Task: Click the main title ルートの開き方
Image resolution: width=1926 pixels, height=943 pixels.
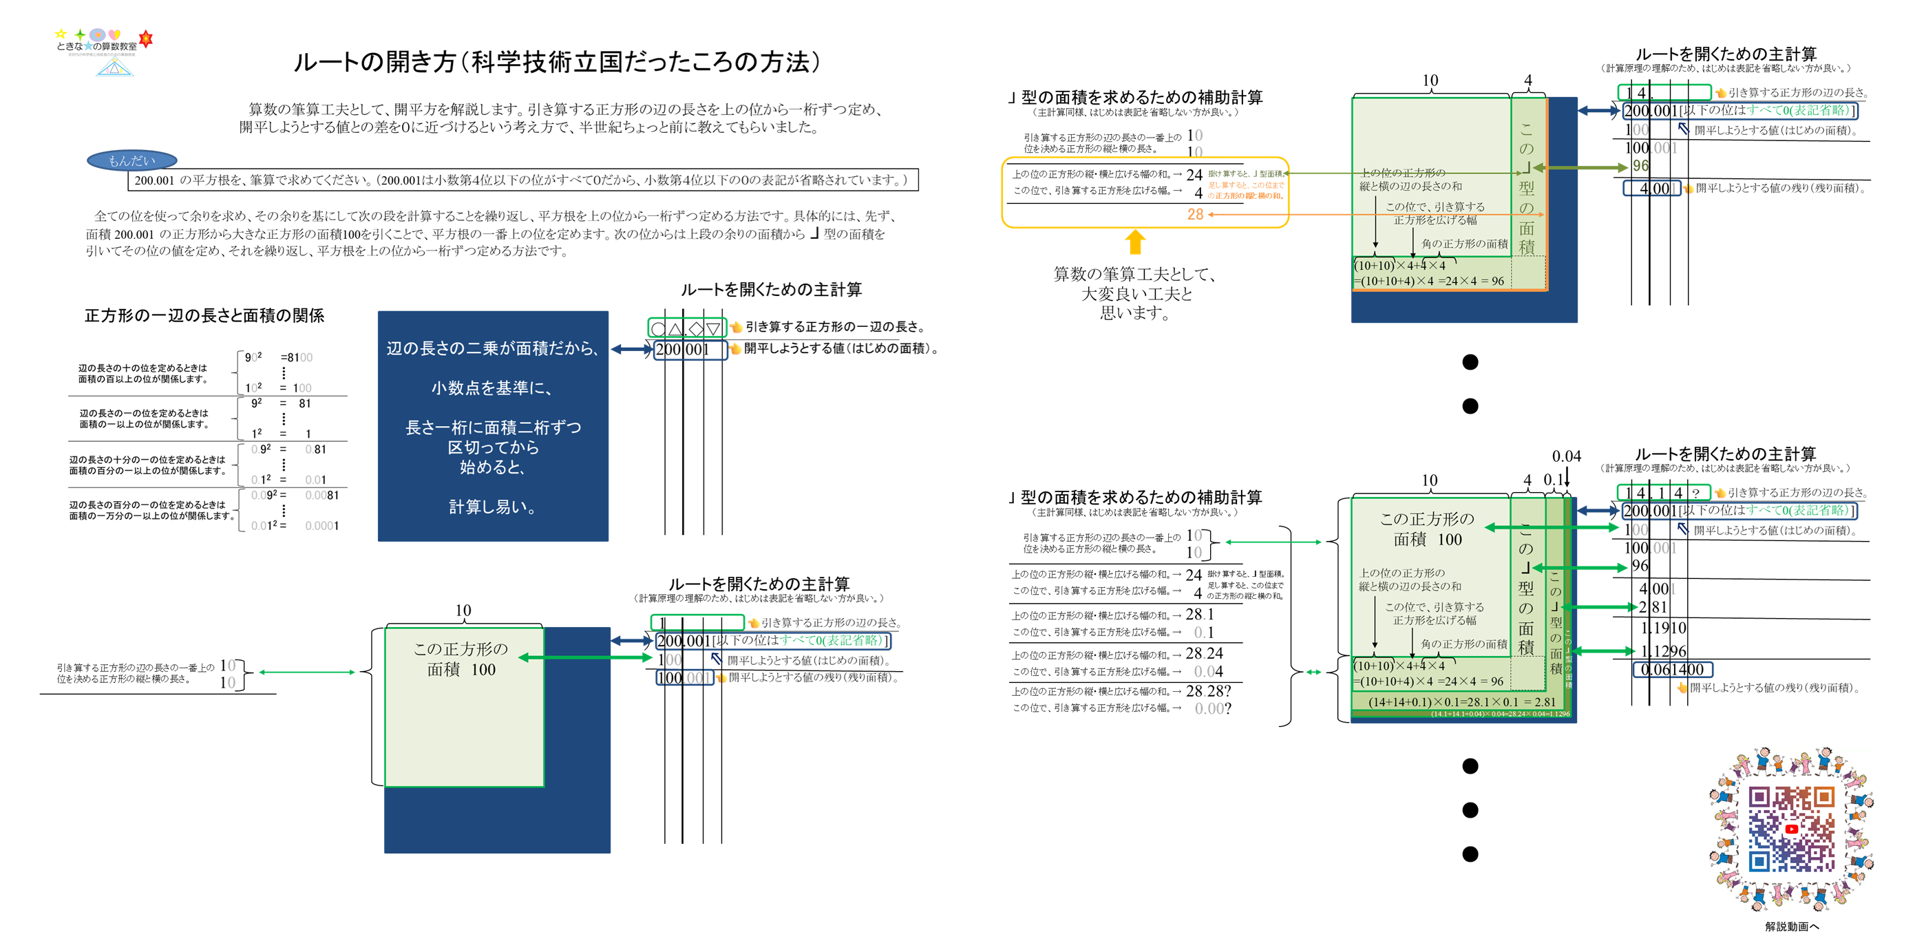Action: (557, 62)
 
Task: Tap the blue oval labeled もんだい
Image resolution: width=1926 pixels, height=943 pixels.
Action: (131, 160)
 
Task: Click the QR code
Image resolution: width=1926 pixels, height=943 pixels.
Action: (1790, 829)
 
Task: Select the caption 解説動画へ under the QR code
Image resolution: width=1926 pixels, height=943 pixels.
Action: (1791, 926)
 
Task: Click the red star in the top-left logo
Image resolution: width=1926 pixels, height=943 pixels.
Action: (146, 38)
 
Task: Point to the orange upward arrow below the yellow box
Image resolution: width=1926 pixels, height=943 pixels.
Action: (1135, 242)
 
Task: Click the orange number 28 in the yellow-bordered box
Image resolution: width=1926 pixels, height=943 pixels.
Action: (1195, 215)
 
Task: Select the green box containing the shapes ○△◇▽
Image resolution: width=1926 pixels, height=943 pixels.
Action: (686, 328)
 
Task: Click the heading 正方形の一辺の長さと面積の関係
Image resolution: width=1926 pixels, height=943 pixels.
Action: (204, 315)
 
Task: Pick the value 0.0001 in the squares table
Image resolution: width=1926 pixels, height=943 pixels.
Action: (321, 526)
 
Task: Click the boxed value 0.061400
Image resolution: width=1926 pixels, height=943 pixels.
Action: (1672, 669)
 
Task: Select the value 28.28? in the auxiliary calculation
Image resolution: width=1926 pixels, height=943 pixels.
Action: (1207, 691)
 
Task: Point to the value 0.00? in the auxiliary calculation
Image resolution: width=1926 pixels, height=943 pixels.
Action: (1212, 708)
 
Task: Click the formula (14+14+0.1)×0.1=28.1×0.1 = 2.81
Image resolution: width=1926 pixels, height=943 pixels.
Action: (1461, 701)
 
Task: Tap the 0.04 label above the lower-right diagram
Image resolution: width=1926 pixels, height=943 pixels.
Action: (1567, 456)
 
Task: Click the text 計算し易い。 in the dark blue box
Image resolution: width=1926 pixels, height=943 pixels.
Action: (492, 507)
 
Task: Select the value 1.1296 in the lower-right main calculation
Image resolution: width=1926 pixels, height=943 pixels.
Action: (1664, 650)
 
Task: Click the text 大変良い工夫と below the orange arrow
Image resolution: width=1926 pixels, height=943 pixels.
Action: (1136, 294)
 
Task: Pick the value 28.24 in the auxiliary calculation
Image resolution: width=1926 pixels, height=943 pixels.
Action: (1204, 654)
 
